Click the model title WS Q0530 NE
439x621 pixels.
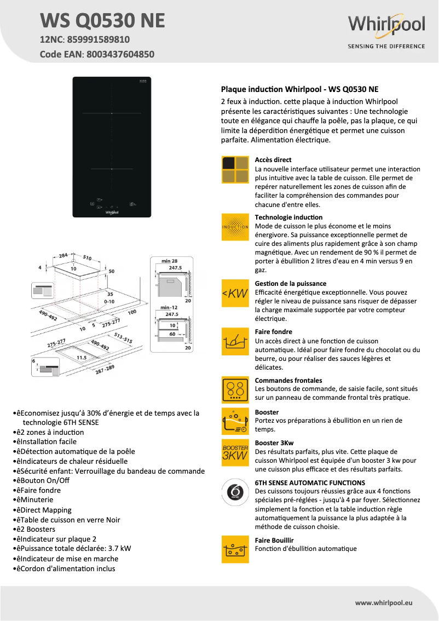click(x=102, y=20)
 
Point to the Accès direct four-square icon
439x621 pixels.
click(x=235, y=169)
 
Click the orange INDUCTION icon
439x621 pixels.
click(x=235, y=227)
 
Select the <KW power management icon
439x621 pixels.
click(x=235, y=294)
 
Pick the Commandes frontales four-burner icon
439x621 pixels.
click(x=235, y=390)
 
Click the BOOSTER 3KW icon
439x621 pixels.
click(x=235, y=453)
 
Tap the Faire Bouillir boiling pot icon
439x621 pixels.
click(x=235, y=549)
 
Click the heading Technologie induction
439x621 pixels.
click(x=288, y=217)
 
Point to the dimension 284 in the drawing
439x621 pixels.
click(x=63, y=255)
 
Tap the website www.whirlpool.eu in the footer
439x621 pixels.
click(x=384, y=602)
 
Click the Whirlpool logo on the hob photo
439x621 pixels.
click(x=112, y=210)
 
